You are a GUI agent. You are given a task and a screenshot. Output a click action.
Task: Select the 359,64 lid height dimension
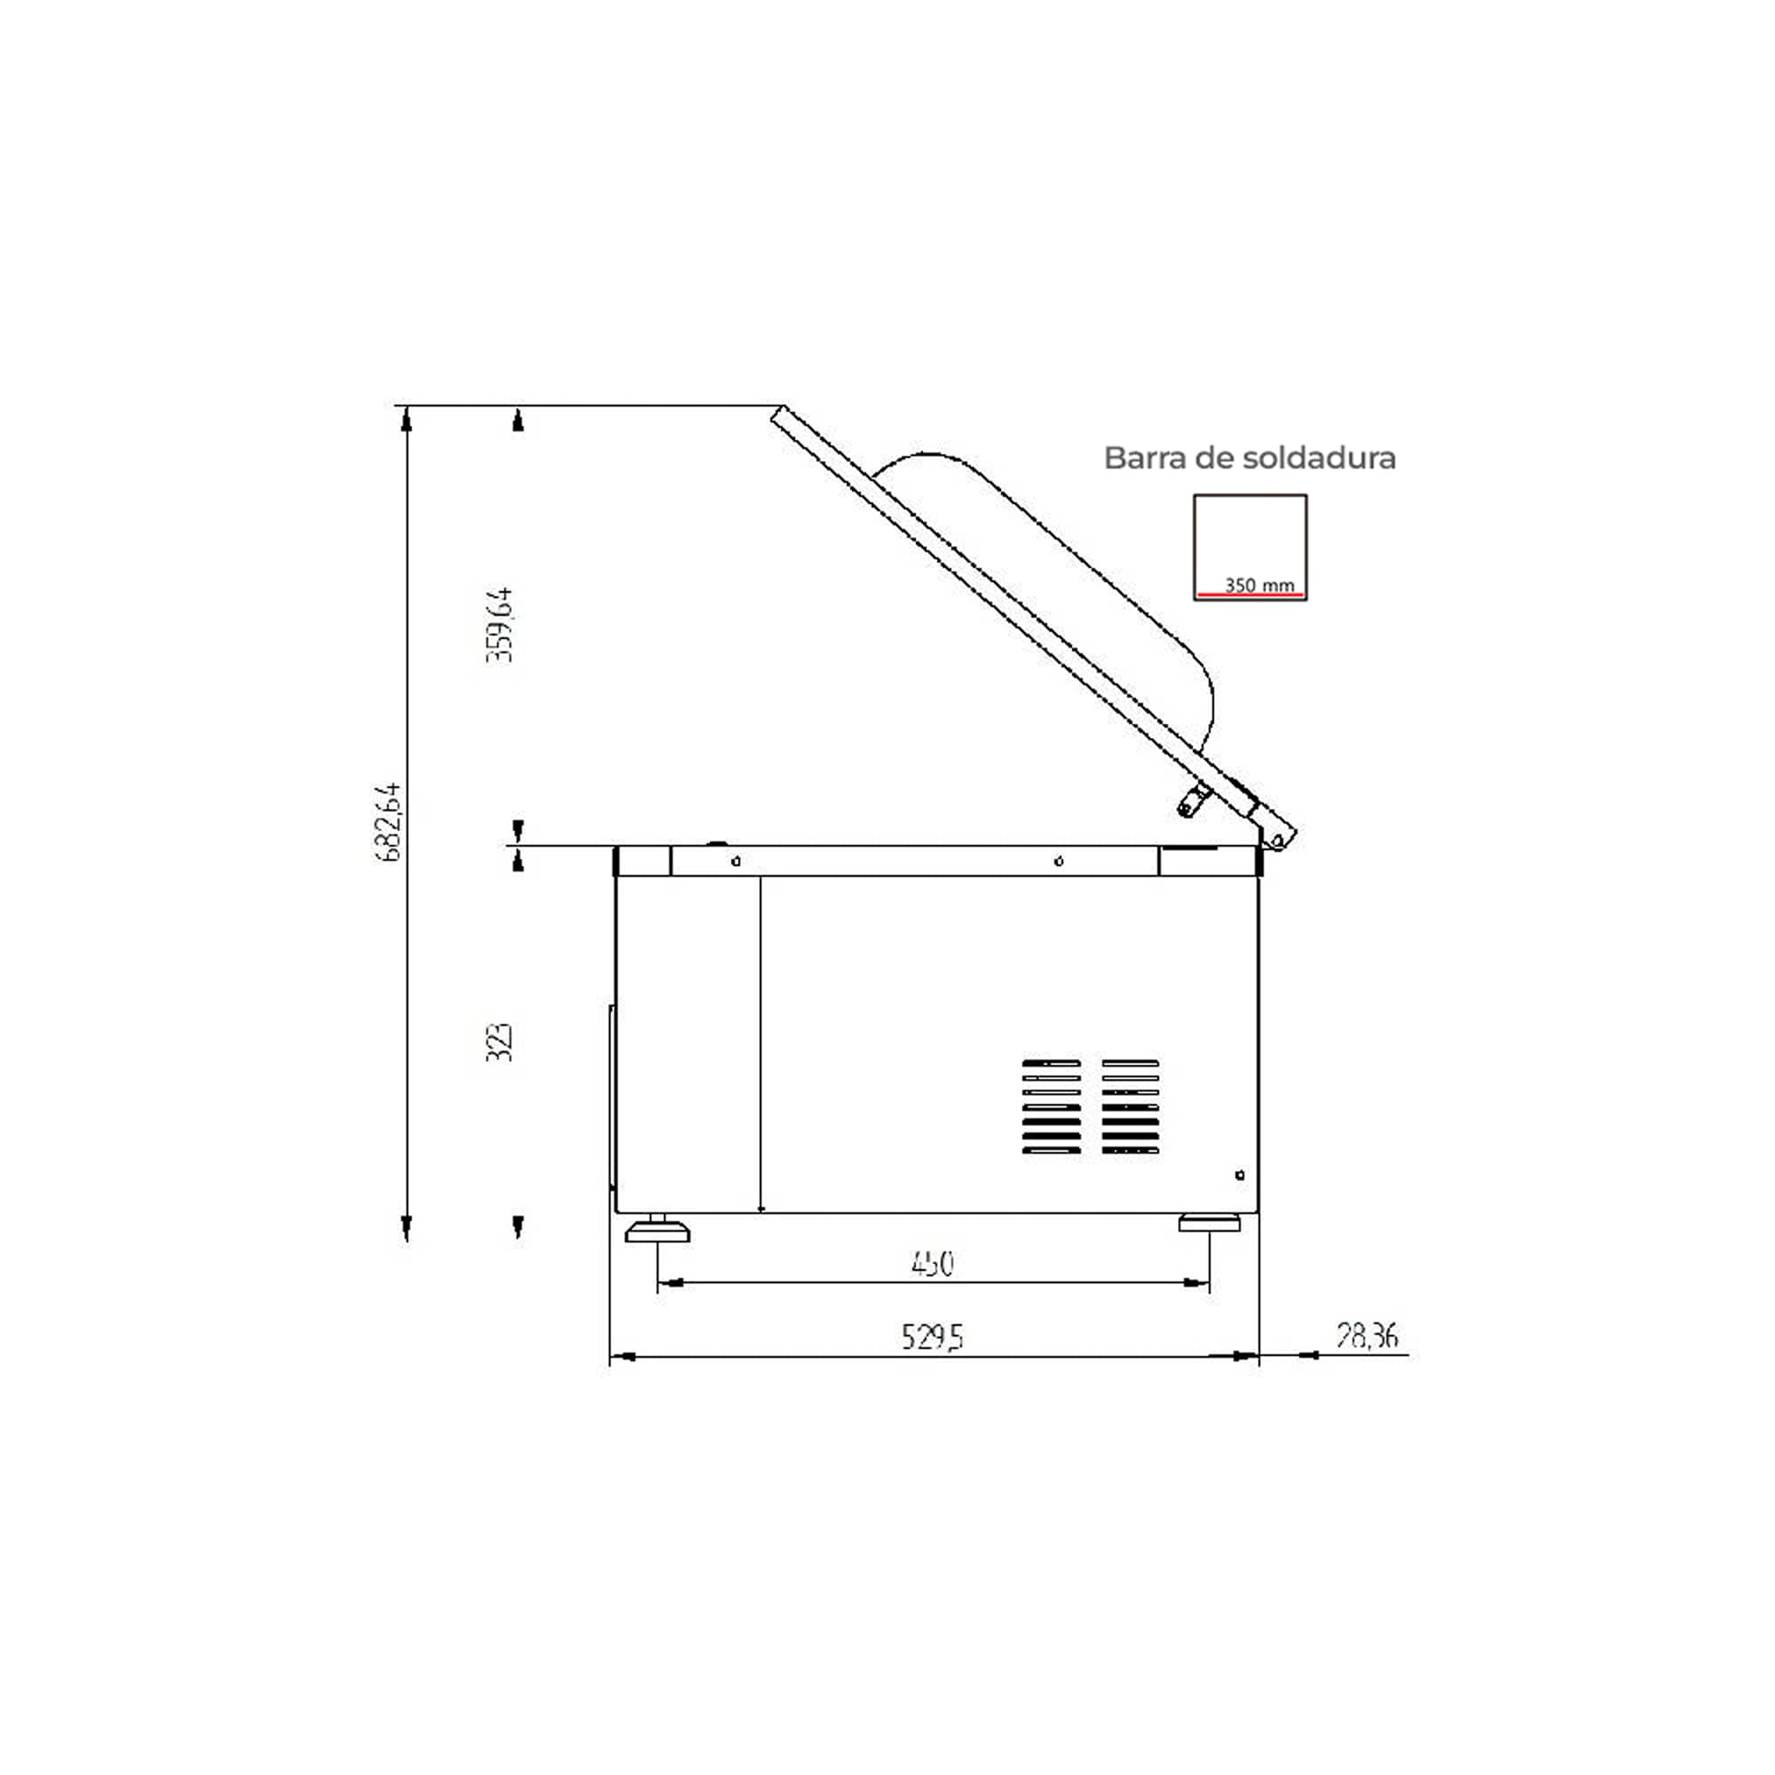coord(500,625)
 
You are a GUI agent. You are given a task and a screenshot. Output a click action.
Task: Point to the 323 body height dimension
coord(499,1042)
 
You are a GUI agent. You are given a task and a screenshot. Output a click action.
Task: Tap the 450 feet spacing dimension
coord(933,1264)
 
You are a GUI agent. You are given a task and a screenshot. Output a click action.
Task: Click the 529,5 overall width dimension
coord(933,1337)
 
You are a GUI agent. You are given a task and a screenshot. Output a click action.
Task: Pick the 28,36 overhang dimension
coord(1367,1335)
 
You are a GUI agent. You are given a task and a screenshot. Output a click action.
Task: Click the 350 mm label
coord(1259,584)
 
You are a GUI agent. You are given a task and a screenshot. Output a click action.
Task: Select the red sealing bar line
coord(1250,596)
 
